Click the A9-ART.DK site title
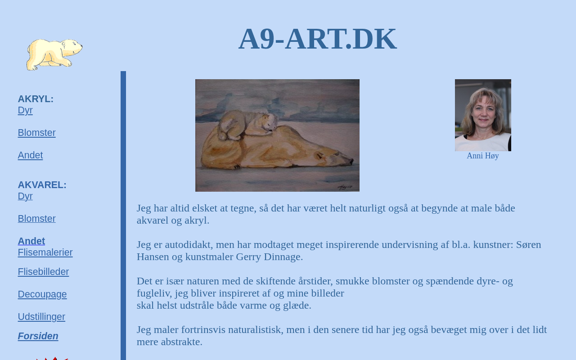click(x=318, y=39)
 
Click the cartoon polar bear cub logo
click(x=54, y=54)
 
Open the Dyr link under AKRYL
click(x=25, y=110)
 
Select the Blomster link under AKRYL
click(x=36, y=133)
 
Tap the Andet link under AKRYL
click(x=30, y=155)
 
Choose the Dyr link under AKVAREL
click(x=25, y=196)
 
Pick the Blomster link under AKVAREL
click(x=36, y=219)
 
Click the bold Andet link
click(x=31, y=241)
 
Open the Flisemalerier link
click(x=45, y=252)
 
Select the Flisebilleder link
click(x=43, y=272)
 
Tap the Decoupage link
click(x=42, y=294)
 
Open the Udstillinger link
click(x=41, y=317)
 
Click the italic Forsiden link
click(x=38, y=336)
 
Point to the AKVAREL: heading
click(x=42, y=185)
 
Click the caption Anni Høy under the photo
click(x=483, y=156)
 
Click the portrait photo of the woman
click(x=483, y=115)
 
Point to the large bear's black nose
click(x=351, y=161)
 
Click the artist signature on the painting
click(x=345, y=187)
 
